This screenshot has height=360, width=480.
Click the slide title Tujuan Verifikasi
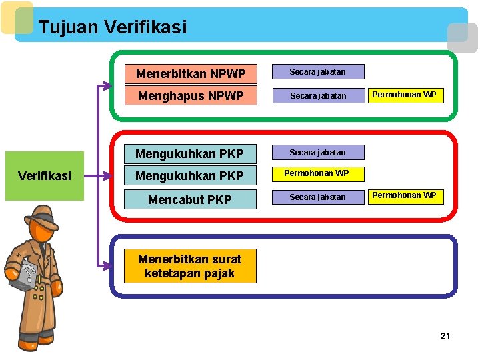[x=113, y=27]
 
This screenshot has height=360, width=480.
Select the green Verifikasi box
[x=45, y=176]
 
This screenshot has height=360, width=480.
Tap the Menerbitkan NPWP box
[x=191, y=73]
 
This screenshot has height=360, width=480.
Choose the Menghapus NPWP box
[x=191, y=96]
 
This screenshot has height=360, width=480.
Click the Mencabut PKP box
[x=191, y=199]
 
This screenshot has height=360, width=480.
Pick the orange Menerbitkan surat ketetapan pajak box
[x=190, y=266]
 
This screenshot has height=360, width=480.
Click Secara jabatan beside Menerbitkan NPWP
[x=317, y=72]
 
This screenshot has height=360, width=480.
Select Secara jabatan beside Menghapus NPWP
[x=317, y=96]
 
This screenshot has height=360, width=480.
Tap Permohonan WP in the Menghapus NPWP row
[x=404, y=95]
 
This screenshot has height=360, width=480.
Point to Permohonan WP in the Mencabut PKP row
[x=404, y=195]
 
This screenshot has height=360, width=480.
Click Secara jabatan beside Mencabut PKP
[x=317, y=197]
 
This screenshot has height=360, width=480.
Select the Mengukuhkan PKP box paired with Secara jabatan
[x=191, y=154]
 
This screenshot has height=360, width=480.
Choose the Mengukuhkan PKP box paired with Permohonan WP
[x=191, y=177]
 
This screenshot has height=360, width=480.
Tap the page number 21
[x=445, y=336]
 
